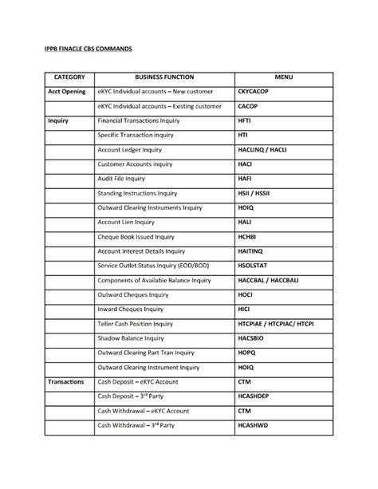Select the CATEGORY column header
tap(68, 77)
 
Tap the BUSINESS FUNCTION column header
tap(163, 77)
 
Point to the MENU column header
tap(284, 77)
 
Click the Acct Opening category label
tap(67, 93)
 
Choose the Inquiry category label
tap(57, 120)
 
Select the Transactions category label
tap(65, 382)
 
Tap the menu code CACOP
tap(248, 106)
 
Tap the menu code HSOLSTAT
tap(256, 266)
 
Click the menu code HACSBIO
tap(254, 338)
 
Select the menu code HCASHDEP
tap(256, 396)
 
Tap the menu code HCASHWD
tap(254, 425)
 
